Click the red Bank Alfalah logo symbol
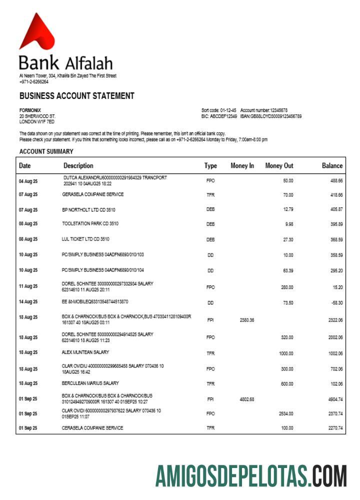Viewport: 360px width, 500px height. (x=36, y=32)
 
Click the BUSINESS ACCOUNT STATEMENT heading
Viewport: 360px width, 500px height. (x=76, y=96)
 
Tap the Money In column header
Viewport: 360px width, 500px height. (x=242, y=165)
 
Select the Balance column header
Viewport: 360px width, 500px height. (x=332, y=165)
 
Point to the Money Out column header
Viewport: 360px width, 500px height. (x=279, y=165)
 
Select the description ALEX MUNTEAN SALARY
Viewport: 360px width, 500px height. (x=86, y=352)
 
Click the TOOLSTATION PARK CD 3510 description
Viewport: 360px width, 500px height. (x=90, y=223)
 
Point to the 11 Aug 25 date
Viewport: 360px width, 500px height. (x=28, y=286)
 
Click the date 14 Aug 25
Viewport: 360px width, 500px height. (x=28, y=302)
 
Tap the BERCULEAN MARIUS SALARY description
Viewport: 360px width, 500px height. (x=90, y=383)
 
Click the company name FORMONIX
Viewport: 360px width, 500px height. (x=30, y=110)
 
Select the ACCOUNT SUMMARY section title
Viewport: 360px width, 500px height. (x=46, y=151)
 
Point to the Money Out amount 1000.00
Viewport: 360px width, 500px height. (x=285, y=353)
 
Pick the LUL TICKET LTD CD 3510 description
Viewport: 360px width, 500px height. (x=85, y=239)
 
